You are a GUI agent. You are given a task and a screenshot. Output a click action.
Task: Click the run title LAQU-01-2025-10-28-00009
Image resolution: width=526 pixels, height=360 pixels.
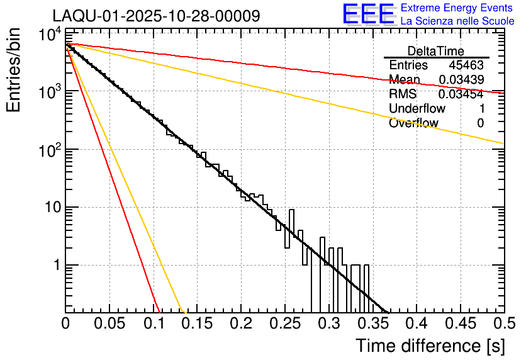pyautogui.click(x=156, y=16)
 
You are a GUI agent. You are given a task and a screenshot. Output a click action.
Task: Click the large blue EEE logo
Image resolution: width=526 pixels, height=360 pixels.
pyautogui.click(x=367, y=14)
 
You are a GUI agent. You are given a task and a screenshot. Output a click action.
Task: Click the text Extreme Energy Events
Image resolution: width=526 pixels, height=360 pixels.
pyautogui.click(x=457, y=8)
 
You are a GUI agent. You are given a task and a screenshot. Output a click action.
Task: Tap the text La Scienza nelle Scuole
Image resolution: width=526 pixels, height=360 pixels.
pyautogui.click(x=457, y=21)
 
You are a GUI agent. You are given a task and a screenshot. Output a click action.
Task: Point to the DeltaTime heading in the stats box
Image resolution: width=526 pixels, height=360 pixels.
pyautogui.click(x=436, y=51)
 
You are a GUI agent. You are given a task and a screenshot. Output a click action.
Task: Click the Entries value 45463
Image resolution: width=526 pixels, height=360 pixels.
pyautogui.click(x=466, y=65)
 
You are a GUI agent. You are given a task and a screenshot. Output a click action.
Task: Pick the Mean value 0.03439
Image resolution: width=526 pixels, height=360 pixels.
pyautogui.click(x=461, y=80)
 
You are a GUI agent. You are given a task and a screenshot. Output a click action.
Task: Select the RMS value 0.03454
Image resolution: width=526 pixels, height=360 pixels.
pyautogui.click(x=461, y=94)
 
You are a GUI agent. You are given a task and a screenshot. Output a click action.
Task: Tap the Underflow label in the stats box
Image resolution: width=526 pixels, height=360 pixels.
pyautogui.click(x=417, y=109)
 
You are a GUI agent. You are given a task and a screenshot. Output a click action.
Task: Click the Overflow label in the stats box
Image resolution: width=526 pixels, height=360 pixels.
pyautogui.click(x=414, y=123)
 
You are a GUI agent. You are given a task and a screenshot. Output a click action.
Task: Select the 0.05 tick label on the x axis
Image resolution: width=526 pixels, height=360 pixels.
pyautogui.click(x=109, y=323)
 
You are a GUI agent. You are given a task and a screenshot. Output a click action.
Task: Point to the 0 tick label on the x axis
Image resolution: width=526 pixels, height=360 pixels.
pyautogui.click(x=65, y=323)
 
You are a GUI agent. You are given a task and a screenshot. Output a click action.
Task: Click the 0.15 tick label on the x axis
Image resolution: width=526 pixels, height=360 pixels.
pyautogui.click(x=197, y=323)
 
